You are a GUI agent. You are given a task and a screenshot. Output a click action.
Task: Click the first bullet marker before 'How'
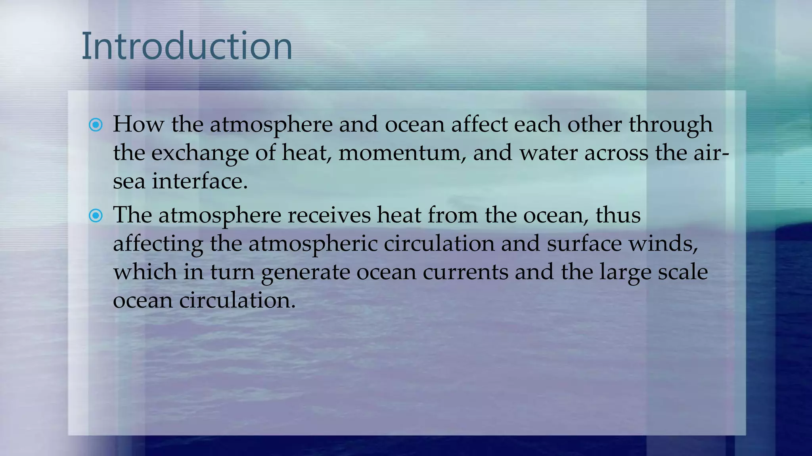[96, 125]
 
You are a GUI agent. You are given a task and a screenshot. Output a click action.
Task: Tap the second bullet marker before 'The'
[96, 216]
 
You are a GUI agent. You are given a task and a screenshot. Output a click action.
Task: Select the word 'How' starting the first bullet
[138, 124]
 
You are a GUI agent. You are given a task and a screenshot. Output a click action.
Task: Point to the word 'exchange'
[199, 153]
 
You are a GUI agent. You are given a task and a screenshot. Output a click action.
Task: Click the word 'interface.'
[200, 181]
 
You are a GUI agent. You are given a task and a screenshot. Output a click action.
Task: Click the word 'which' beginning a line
[145, 272]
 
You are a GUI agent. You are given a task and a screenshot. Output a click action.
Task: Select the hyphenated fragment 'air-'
[711, 153]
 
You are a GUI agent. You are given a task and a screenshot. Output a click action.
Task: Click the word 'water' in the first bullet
[548, 153]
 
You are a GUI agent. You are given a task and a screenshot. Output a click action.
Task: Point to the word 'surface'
[584, 243]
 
